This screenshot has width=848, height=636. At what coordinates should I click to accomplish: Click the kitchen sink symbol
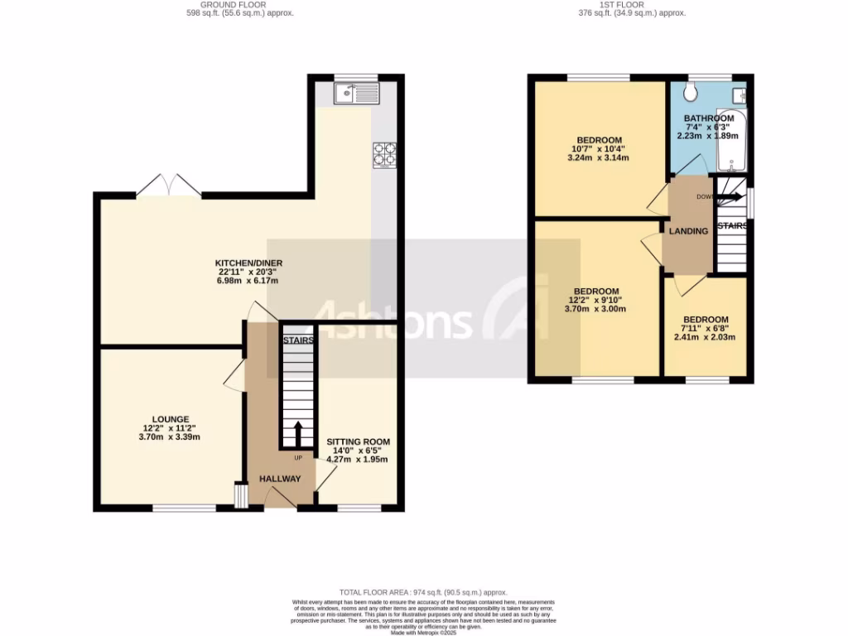356,94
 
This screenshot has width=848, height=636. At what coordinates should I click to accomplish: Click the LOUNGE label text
171,419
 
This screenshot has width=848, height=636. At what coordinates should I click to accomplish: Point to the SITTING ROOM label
358,442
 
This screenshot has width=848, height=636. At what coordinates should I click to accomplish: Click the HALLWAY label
280,479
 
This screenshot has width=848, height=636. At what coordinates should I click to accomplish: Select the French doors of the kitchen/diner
169,187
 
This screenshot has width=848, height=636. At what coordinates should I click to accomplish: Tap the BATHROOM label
709,118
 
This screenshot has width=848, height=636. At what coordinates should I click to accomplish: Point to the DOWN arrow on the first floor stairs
729,198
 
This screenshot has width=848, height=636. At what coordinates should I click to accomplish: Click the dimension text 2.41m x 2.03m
705,337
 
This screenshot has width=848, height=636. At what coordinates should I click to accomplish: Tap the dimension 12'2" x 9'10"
596,301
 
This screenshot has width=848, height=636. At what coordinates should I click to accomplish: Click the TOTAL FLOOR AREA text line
424,593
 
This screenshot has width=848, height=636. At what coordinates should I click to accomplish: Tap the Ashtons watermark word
394,320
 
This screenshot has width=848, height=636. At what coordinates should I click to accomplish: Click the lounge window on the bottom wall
184,508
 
